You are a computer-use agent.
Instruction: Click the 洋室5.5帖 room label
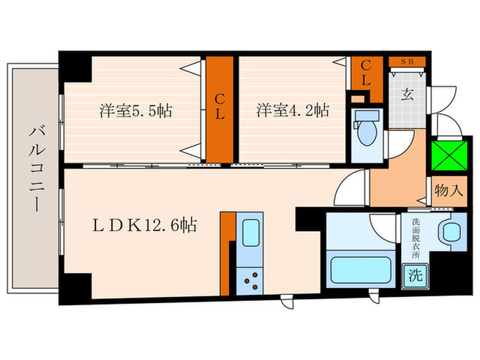135,110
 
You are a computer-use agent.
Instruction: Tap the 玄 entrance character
407,96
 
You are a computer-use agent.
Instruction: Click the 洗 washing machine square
416,276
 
